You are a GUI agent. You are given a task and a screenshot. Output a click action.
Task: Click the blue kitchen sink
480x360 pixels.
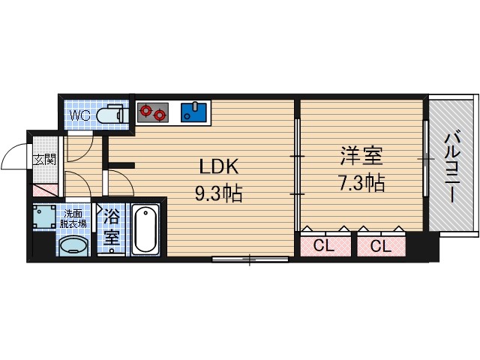tap(193, 112)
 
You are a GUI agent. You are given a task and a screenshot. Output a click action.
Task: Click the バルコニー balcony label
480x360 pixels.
tap(452, 166)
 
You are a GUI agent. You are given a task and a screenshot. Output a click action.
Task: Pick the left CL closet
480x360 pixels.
tap(325, 245)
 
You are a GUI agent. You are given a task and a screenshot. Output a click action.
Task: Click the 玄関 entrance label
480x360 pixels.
tap(44, 158)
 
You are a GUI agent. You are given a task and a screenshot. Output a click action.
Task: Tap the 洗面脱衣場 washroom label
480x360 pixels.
tap(73, 217)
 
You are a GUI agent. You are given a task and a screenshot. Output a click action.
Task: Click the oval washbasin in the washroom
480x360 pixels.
tap(73, 245)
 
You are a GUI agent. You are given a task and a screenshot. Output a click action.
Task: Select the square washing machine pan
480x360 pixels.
tap(44, 216)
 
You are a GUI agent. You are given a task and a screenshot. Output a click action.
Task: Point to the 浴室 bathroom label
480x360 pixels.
tap(111, 229)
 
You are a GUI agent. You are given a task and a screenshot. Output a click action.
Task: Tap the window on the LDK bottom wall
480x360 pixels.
tap(249, 259)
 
